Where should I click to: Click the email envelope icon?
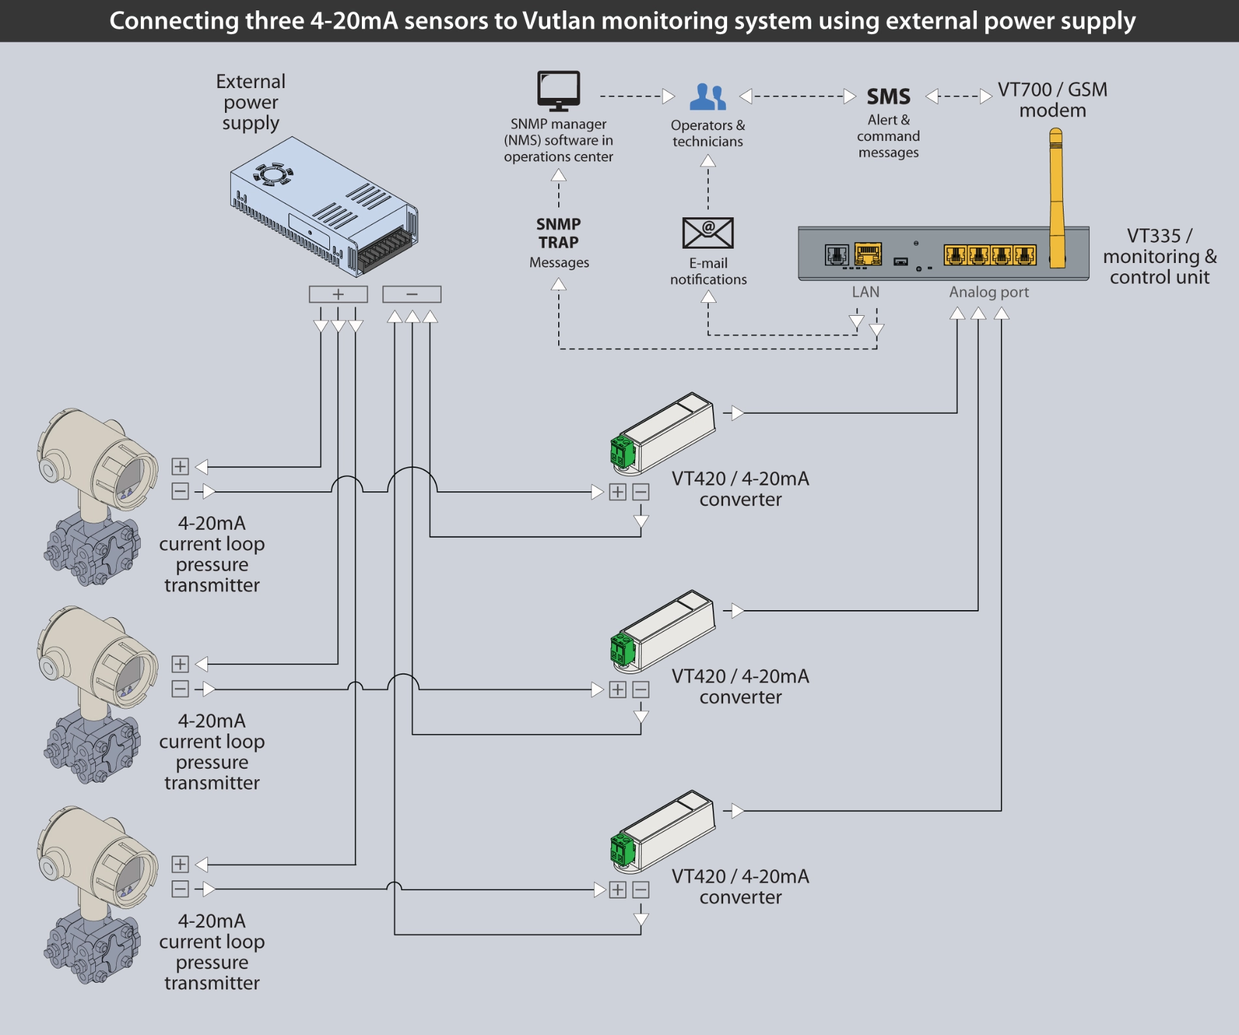(708, 233)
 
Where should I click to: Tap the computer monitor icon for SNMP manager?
(558, 90)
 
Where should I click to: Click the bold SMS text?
(888, 97)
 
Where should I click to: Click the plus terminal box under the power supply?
(338, 294)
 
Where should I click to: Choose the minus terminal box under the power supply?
(411, 294)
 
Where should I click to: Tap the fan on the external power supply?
(273, 174)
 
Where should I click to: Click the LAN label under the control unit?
(865, 292)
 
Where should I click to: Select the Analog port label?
(989, 292)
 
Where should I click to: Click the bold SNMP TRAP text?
(558, 233)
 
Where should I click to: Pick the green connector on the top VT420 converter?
(622, 451)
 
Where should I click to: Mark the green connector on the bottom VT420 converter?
(622, 849)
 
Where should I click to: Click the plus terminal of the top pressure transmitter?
(180, 467)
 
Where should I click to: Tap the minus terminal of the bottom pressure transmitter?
(180, 889)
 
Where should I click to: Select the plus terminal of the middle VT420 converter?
(618, 690)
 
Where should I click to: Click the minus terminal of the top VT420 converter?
(641, 492)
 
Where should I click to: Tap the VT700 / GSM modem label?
(1052, 99)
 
